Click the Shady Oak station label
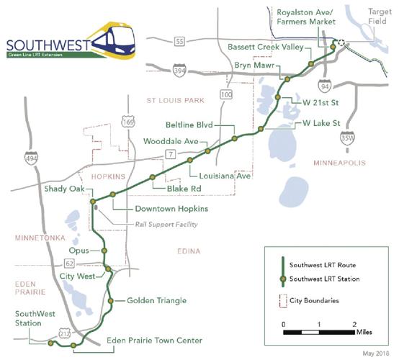click(65, 189)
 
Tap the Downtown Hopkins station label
click(171, 209)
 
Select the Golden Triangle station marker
click(111, 300)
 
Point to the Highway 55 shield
click(179, 42)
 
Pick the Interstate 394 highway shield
click(179, 71)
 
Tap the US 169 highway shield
click(128, 122)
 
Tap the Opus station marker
click(104, 251)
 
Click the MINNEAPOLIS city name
click(340, 164)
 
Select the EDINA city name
click(190, 250)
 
